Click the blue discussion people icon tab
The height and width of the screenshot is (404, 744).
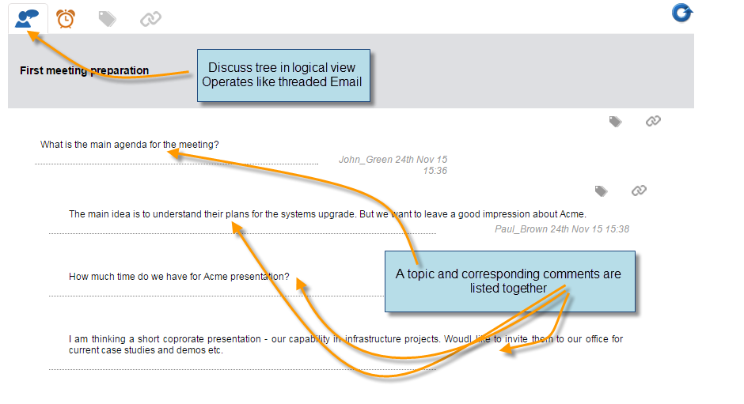[x=27, y=19]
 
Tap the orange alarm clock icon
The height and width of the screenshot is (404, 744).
[x=66, y=18]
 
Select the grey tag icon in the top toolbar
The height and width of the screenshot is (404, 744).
[x=107, y=19]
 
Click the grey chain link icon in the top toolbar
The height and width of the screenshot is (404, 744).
[x=151, y=19]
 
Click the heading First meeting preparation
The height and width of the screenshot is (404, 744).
[x=85, y=70]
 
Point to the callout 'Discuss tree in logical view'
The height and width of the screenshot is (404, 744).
[x=283, y=75]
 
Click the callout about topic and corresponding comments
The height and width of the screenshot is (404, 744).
[x=510, y=281]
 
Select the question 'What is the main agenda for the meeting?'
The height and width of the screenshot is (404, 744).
[x=130, y=145]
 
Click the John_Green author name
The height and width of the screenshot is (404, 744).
[x=366, y=160]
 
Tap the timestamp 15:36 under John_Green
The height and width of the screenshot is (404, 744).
[x=435, y=171]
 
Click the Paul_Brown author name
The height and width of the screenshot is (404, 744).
[x=522, y=229]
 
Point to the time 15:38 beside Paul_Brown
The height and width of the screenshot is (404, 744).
[x=617, y=229]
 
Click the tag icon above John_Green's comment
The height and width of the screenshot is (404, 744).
[x=616, y=122]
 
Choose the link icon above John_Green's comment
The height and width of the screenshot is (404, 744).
[x=653, y=122]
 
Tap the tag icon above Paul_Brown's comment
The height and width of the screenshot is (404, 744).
[x=602, y=191]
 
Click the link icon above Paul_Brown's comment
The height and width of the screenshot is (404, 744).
[x=640, y=191]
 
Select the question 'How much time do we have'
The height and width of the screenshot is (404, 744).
[x=179, y=277]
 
